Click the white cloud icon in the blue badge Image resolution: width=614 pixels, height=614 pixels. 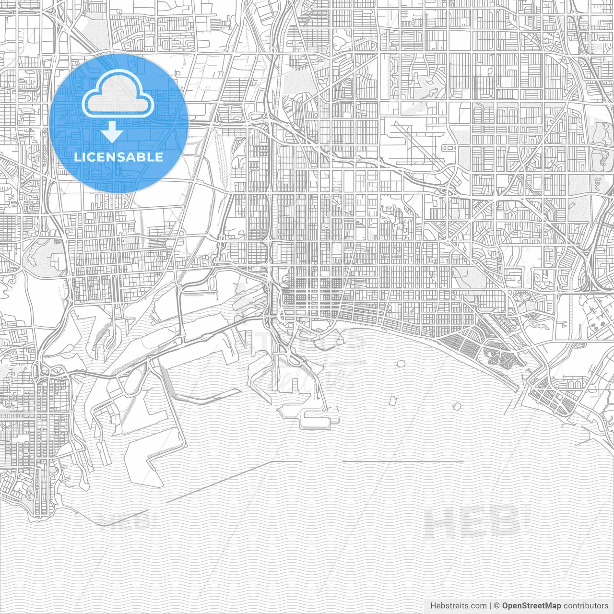[x=118, y=94]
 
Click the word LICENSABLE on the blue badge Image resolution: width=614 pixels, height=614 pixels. [x=118, y=157]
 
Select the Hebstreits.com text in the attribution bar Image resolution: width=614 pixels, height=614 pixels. [x=458, y=606]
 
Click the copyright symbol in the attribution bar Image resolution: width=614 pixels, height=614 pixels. [x=497, y=606]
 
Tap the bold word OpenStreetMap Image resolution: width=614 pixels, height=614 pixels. [x=531, y=606]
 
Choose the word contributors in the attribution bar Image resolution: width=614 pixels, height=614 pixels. [x=585, y=606]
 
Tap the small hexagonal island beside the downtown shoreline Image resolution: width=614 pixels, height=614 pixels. [x=340, y=342]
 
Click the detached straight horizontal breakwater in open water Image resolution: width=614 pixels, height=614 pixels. [x=403, y=461]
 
